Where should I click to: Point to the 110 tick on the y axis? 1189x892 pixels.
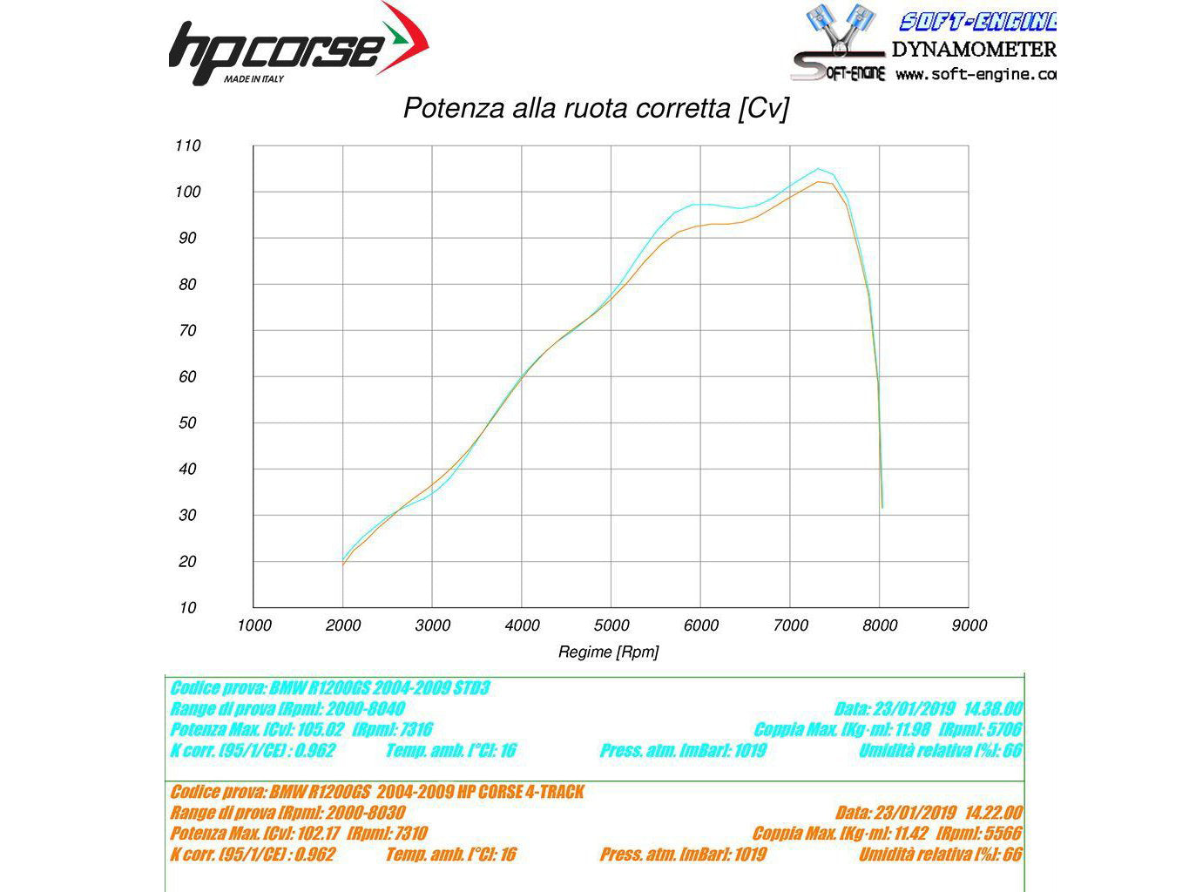pyautogui.click(x=188, y=146)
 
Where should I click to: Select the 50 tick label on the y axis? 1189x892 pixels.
pyautogui.click(x=188, y=423)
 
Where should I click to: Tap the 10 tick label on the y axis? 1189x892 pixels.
pyautogui.click(x=188, y=608)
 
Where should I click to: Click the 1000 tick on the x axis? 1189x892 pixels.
pyautogui.click(x=254, y=625)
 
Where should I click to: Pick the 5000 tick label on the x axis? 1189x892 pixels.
pyautogui.click(x=612, y=625)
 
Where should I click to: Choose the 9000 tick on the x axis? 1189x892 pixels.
pyautogui.click(x=969, y=625)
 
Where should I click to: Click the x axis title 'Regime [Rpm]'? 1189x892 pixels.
pyautogui.click(x=608, y=652)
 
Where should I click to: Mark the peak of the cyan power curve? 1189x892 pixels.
pyautogui.click(x=818, y=169)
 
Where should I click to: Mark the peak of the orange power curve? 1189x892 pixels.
pyautogui.click(x=819, y=182)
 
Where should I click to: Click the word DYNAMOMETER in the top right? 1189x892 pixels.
pyautogui.click(x=973, y=50)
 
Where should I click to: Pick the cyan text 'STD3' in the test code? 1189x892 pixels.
pyautogui.click(x=471, y=688)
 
